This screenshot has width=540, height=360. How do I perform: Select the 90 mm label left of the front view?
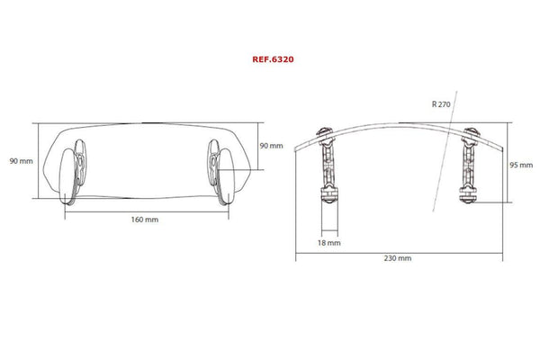tap(21, 160)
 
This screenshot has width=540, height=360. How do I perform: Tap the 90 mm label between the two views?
tap(271, 145)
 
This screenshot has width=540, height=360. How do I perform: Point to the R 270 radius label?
tap(441, 105)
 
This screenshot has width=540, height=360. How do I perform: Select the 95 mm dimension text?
tap(523, 166)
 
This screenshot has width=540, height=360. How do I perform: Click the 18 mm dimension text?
tap(328, 242)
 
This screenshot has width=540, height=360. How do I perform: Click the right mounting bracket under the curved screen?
tap(469, 166)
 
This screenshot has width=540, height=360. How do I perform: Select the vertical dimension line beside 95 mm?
tap(510, 166)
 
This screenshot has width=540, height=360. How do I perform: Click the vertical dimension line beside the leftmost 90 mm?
tap(38, 160)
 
